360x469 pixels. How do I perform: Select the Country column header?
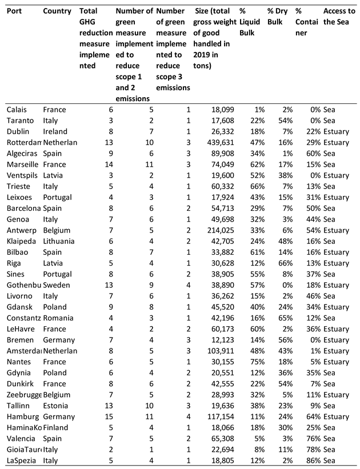pos(57,11)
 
